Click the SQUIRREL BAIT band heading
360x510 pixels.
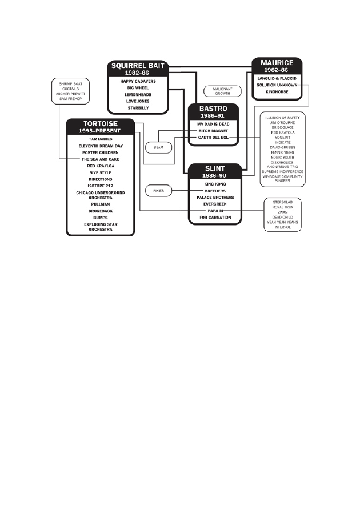pos(138,66)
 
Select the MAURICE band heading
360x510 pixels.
pos(277,62)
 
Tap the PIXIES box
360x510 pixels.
pos(158,190)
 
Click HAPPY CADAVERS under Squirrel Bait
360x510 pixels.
pos(138,81)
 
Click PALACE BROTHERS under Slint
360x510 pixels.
pos(214,197)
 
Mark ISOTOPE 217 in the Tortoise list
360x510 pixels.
pos(100,186)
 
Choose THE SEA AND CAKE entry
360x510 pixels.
pos(100,159)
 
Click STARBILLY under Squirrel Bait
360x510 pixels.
pos(138,107)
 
